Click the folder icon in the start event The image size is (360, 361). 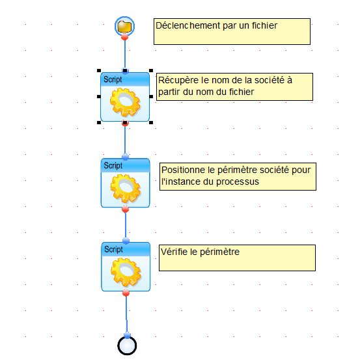click(124, 27)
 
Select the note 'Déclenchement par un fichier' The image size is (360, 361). click(232, 31)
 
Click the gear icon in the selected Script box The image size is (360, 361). click(125, 103)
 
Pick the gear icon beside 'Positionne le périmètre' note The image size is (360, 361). click(126, 189)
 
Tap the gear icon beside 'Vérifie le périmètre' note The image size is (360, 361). click(126, 272)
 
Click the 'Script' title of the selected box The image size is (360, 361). click(113, 79)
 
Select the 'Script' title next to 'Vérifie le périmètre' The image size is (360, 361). click(114, 249)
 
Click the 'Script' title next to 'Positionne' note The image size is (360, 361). click(113, 165)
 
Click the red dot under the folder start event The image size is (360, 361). click(125, 37)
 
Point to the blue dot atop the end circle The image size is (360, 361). click(127, 335)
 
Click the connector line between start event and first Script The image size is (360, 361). click(125, 54)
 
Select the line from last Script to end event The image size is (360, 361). click(126, 314)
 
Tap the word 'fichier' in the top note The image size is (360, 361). click(264, 25)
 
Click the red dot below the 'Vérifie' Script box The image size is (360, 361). click(126, 293)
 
